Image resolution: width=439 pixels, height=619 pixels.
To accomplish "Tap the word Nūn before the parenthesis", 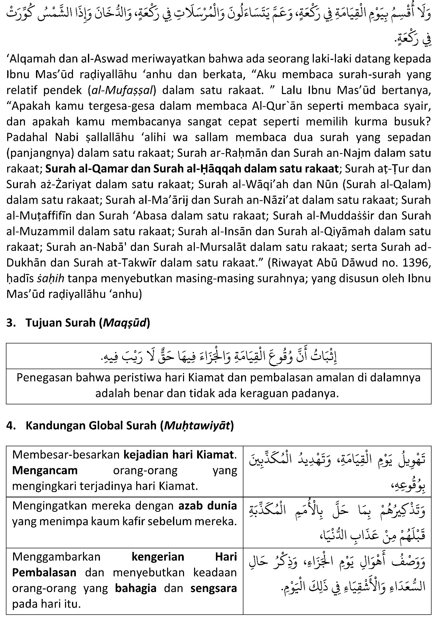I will [328, 184].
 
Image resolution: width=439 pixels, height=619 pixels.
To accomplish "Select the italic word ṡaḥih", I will [51, 278].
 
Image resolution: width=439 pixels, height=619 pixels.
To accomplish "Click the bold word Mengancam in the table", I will [45, 471].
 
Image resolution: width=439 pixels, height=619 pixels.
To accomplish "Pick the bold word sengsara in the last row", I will [214, 588].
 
